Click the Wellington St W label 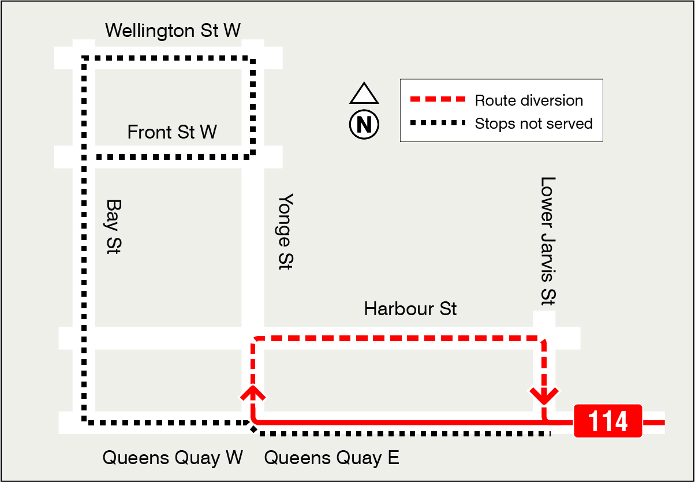(173, 30)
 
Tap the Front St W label (172, 132)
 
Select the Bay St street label (113, 227)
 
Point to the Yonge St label (285, 231)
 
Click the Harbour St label (410, 309)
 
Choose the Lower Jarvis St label (547, 240)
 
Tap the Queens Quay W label (173, 458)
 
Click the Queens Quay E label (331, 458)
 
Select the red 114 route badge (608, 421)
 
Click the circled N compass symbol (364, 124)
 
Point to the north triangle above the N (364, 94)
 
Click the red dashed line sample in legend (437, 100)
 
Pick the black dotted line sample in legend (437, 124)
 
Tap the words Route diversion (529, 100)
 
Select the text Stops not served (533, 124)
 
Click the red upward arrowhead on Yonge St (253, 394)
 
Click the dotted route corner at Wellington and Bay (84, 58)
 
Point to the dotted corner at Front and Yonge (252, 155)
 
